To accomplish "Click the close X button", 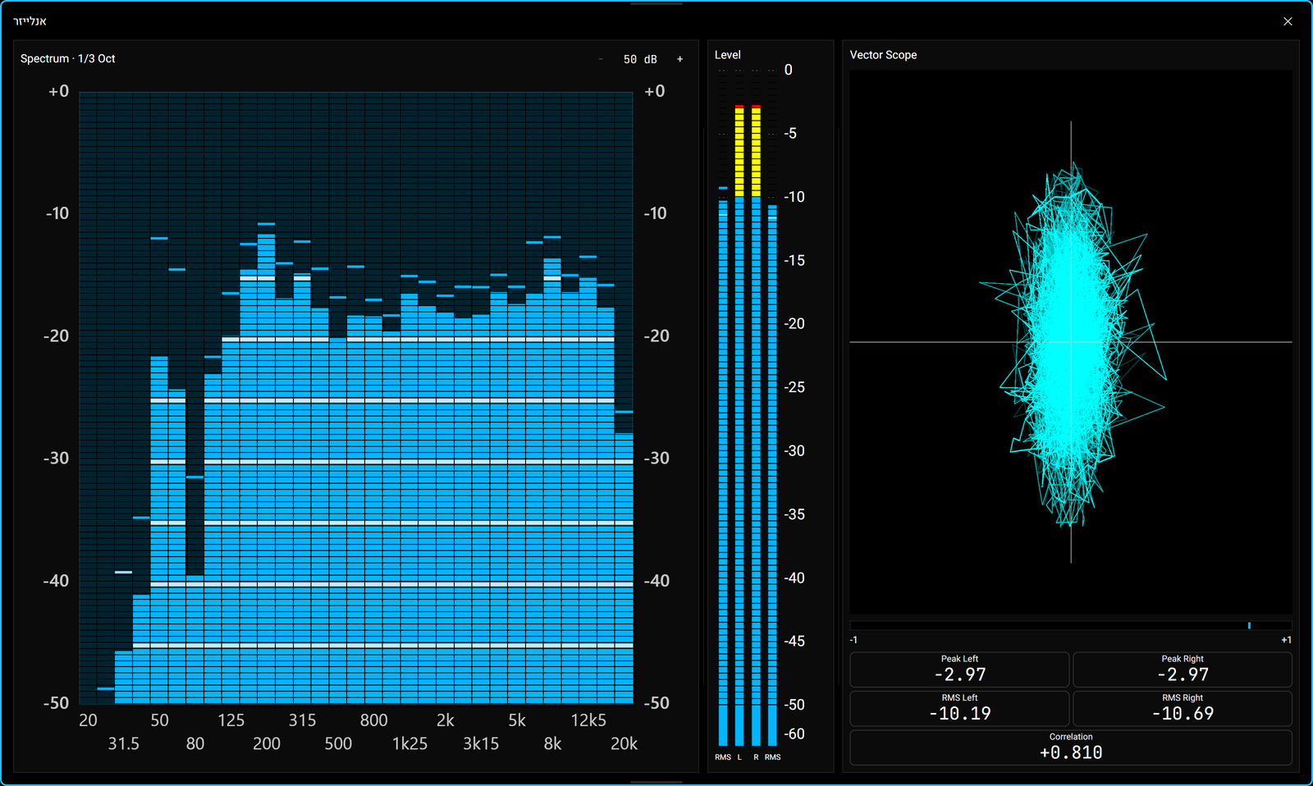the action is (1288, 21).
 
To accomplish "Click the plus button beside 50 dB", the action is (680, 59).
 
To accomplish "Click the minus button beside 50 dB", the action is (601, 59).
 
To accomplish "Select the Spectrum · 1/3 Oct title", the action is (67, 58).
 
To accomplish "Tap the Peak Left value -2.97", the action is (959, 674).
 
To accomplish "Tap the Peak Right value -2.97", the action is (1183, 674).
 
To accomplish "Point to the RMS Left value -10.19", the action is (959, 713).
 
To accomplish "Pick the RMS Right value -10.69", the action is (1183, 713).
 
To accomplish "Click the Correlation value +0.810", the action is (1071, 752).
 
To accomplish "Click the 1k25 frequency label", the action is (409, 744).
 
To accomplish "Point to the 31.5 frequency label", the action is (124, 744).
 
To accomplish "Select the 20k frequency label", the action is (624, 744).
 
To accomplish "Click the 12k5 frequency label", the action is (588, 720).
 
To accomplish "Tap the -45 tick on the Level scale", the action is (794, 642).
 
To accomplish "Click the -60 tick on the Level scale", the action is (794, 733).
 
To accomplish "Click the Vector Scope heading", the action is (883, 55).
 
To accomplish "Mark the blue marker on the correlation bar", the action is (1249, 625).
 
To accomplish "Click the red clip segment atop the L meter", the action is (739, 106).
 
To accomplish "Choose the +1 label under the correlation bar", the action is (1286, 640).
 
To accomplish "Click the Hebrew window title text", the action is (30, 21).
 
